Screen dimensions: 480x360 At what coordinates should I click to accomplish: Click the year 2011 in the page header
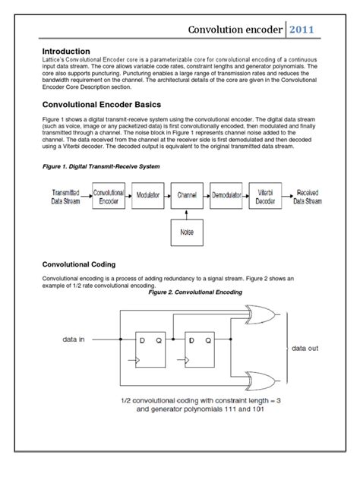308,30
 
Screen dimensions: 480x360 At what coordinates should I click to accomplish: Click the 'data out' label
308,349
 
